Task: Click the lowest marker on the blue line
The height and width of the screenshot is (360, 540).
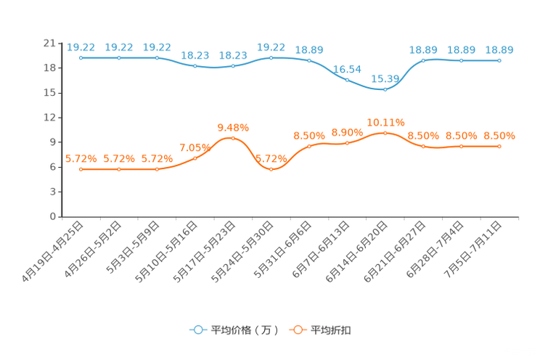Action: point(385,89)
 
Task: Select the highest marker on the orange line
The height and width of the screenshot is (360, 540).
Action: point(385,132)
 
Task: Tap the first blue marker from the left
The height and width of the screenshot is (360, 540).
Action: point(81,57)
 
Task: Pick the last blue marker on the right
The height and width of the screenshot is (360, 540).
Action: point(499,61)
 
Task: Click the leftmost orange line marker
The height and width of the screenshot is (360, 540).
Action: point(81,168)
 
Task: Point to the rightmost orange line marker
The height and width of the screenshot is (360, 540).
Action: point(499,146)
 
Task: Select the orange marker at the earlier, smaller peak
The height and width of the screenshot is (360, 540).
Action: point(233,138)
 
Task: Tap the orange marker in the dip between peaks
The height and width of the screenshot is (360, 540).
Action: point(271,168)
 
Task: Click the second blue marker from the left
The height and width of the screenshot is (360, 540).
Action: point(118,57)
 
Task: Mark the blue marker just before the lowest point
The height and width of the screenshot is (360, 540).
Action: point(347,79)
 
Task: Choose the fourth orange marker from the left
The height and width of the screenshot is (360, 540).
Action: point(195,157)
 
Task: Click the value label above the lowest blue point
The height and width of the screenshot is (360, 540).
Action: point(385,78)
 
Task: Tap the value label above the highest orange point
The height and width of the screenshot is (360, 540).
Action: point(385,122)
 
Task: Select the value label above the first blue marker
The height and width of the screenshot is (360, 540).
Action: point(80,47)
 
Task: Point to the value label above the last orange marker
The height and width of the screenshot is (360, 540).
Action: point(499,136)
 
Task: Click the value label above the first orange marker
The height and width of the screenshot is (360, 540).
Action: point(80,158)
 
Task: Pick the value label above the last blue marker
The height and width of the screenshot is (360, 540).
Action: point(499,50)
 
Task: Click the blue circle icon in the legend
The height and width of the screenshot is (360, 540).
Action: point(198,330)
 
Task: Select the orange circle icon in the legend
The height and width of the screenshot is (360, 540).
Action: point(298,330)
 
